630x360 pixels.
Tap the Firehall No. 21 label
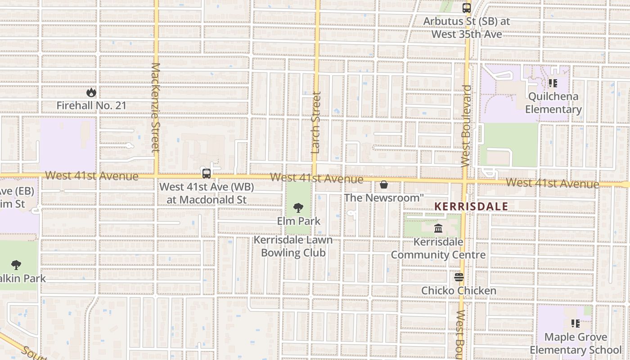pyautogui.click(x=91, y=105)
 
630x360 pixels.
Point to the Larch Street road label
pyautogui.click(x=316, y=122)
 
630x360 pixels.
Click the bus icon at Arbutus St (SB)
pyautogui.click(x=467, y=8)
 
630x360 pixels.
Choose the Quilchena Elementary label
pyautogui.click(x=553, y=103)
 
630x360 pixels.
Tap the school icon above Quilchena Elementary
pyautogui.click(x=553, y=83)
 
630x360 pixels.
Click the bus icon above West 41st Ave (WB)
pyautogui.click(x=207, y=173)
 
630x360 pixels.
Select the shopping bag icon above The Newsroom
pyautogui.click(x=384, y=184)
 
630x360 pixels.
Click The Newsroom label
pyautogui.click(x=384, y=198)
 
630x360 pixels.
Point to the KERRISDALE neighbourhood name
pyautogui.click(x=471, y=207)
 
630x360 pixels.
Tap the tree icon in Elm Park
pyautogui.click(x=298, y=208)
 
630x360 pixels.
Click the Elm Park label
pyautogui.click(x=299, y=221)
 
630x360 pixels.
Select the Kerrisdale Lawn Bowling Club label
pyautogui.click(x=293, y=246)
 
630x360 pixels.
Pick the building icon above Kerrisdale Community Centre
pyautogui.click(x=438, y=229)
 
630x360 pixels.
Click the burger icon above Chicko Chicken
pyautogui.click(x=459, y=277)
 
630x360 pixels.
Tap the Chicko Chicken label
pyautogui.click(x=459, y=291)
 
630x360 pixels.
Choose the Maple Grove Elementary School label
pyautogui.click(x=576, y=343)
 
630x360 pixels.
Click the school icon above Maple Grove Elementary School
pyautogui.click(x=575, y=323)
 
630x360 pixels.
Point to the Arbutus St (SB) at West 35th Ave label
pyautogui.click(x=467, y=27)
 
